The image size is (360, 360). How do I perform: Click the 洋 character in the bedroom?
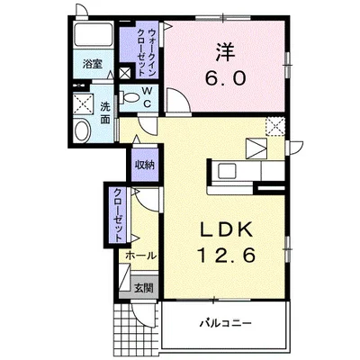coord(225,49)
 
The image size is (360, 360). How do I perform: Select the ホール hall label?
coord(141,256)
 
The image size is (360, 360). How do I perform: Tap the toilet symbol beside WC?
coord(130,96)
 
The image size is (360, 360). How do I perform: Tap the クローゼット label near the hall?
coord(118,212)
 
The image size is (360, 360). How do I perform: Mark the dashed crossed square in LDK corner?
coord(274,126)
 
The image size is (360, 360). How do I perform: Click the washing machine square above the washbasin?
coord(84,101)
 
